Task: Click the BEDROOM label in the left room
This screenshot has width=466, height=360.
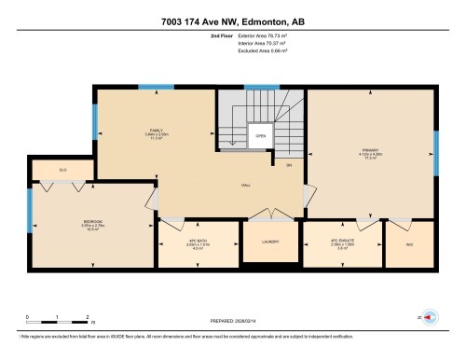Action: point(92,222)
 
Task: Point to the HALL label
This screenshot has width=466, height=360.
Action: point(245,185)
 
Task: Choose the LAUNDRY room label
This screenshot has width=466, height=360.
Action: point(269,241)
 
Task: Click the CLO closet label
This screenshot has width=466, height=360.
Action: point(62,170)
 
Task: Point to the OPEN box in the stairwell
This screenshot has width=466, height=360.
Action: point(260,136)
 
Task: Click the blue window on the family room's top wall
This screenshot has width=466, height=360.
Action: point(156,87)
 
